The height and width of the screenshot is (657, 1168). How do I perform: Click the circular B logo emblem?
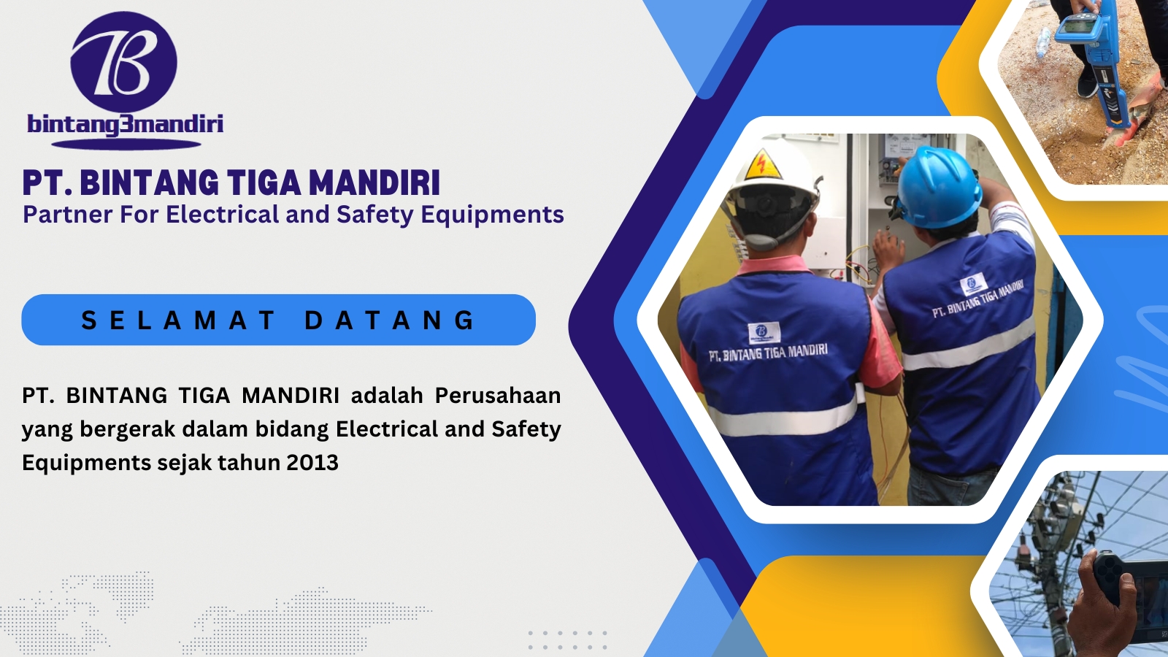click(123, 61)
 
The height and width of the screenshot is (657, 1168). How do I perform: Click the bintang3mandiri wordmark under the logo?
click(125, 125)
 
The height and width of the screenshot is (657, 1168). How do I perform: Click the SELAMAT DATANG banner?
click(278, 320)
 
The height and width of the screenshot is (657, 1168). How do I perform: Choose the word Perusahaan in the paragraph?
click(498, 396)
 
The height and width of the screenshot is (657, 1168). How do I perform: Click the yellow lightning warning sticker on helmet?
click(763, 165)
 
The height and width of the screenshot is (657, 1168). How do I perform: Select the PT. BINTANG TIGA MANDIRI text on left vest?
click(768, 353)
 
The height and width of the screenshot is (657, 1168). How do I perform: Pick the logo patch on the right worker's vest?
click(973, 284)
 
